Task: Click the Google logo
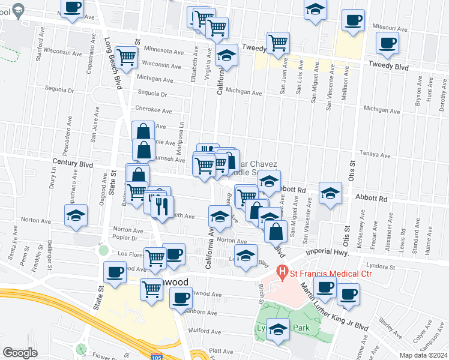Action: click(x=20, y=353)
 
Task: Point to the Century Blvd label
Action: click(x=73, y=163)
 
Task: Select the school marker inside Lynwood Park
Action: click(x=278, y=330)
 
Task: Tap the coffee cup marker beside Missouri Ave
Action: click(x=354, y=20)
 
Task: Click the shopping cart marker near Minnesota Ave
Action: click(x=127, y=58)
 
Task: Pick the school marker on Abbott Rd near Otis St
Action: click(x=330, y=193)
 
